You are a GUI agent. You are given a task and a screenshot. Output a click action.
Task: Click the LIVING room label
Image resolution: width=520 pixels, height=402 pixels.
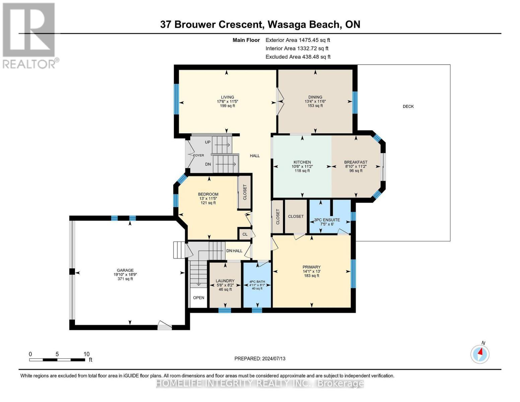[x=227, y=97]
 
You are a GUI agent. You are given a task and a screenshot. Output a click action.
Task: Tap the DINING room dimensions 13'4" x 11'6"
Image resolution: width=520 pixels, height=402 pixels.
[x=315, y=102]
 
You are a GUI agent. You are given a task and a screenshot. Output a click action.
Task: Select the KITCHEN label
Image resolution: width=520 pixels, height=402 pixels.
[x=302, y=162]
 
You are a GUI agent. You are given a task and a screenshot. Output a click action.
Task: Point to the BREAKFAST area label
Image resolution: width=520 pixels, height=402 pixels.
[x=356, y=162]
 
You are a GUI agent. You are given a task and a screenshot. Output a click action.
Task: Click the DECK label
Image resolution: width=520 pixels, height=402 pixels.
[x=408, y=107]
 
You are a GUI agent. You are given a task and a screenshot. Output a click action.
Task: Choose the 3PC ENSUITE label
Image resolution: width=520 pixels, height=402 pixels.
[x=327, y=220]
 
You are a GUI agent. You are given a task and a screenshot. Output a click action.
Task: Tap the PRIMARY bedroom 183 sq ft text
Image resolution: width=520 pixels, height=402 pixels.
[x=311, y=276]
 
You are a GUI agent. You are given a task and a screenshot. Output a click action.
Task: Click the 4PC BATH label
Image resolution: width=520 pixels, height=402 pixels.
[x=257, y=282]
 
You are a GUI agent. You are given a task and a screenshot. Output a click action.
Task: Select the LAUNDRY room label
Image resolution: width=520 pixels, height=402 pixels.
[x=225, y=281]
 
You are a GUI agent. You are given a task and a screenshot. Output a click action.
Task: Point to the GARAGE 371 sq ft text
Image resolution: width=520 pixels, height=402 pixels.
[x=125, y=279]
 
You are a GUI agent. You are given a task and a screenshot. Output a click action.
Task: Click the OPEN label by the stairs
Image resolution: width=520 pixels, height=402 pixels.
[x=199, y=297]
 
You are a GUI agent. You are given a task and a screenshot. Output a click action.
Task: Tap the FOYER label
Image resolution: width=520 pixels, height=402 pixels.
[x=198, y=155]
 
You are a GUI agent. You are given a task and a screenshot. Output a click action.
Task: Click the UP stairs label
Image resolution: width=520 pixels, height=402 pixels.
[x=208, y=142]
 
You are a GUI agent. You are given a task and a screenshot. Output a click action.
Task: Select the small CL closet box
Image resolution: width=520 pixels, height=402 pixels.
[x=245, y=234]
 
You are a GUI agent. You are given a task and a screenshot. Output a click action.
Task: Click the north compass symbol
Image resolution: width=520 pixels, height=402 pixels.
[x=480, y=354]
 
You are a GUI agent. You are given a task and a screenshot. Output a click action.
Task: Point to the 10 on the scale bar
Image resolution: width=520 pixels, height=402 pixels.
[x=86, y=354]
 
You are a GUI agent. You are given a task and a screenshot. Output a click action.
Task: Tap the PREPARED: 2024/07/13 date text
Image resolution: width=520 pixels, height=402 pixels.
[x=260, y=358]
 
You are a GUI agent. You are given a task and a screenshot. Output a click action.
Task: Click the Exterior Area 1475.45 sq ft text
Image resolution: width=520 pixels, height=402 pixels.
[x=298, y=40]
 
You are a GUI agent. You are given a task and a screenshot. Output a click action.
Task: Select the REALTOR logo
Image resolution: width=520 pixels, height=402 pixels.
[x=29, y=35]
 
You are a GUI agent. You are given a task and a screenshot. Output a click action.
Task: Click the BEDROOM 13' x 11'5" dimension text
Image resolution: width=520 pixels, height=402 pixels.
[x=208, y=198]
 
